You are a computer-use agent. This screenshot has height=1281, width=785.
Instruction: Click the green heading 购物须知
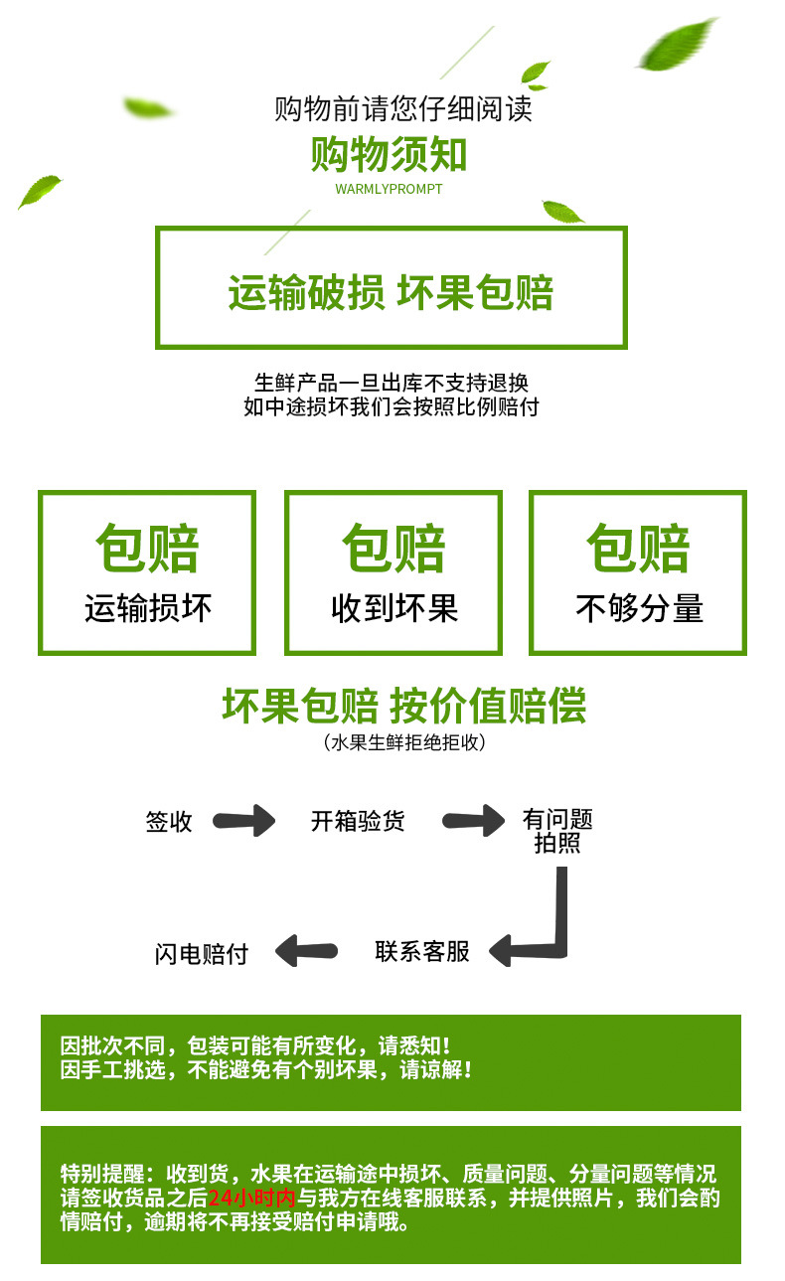[390, 155]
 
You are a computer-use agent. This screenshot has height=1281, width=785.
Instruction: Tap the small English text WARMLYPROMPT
[389, 189]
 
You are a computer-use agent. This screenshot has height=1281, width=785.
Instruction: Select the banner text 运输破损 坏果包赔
[391, 292]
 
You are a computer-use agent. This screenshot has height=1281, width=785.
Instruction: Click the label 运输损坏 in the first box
[148, 607]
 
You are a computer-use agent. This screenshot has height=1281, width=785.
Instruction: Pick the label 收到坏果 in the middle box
[394, 607]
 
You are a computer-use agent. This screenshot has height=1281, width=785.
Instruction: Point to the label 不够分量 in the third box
[639, 607]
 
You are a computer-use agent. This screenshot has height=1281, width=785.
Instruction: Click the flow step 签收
[169, 822]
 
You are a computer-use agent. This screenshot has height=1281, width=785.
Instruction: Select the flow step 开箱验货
[358, 822]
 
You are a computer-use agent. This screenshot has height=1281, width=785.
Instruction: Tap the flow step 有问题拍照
[557, 831]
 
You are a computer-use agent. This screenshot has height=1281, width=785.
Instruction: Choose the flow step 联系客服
[422, 951]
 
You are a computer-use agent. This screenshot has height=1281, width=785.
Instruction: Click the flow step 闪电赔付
[202, 954]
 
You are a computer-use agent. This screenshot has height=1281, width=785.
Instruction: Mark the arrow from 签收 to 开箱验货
[245, 821]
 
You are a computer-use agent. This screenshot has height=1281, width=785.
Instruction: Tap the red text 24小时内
[252, 1198]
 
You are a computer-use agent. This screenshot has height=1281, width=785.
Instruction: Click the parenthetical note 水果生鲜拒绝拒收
[403, 742]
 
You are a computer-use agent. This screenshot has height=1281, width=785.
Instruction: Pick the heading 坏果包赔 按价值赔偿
[403, 706]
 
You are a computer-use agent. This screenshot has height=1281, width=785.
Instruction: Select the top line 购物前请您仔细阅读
[403, 108]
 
